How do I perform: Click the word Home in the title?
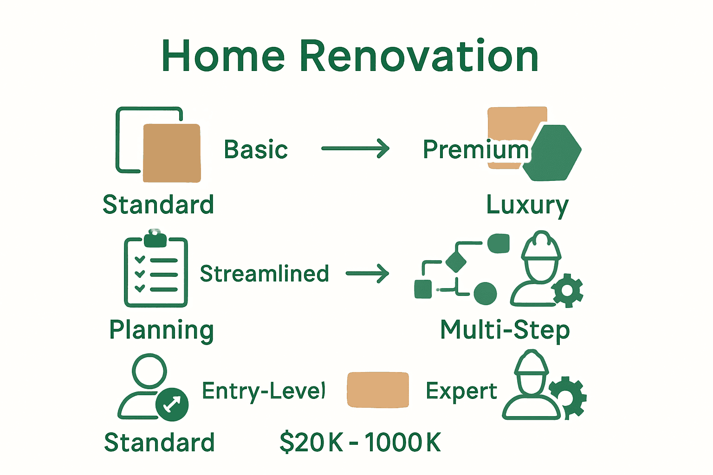[223, 56]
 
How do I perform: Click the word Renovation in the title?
[419, 56]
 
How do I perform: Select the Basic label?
[256, 150]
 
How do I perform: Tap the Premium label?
[476, 150]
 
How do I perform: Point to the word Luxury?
[527, 205]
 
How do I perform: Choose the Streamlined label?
[265, 274]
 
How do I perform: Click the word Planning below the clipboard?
[162, 330]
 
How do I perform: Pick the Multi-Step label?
[505, 330]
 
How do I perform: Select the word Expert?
[461, 391]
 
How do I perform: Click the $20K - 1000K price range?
[360, 442]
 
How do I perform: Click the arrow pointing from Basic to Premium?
[356, 148]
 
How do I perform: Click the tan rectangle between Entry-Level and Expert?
[378, 390]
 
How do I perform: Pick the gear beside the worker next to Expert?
[569, 397]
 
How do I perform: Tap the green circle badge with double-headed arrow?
[172, 404]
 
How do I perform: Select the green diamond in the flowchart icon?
[456, 262]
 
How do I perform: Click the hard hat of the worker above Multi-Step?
[541, 246]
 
